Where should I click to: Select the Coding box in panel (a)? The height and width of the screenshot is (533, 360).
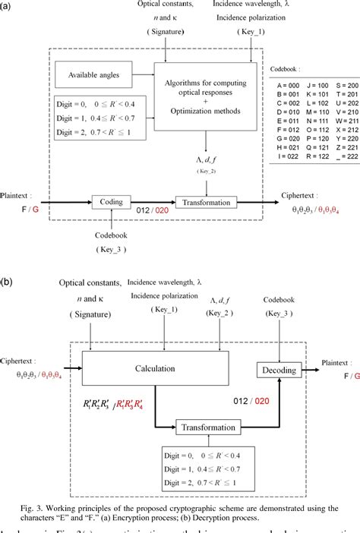click(112, 201)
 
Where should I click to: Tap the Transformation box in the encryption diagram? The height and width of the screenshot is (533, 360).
click(206, 201)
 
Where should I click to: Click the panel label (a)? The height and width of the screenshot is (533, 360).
click(9, 7)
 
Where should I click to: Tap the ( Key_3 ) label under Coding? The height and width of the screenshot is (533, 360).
click(112, 248)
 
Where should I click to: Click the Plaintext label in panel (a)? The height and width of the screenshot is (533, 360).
click(17, 194)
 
